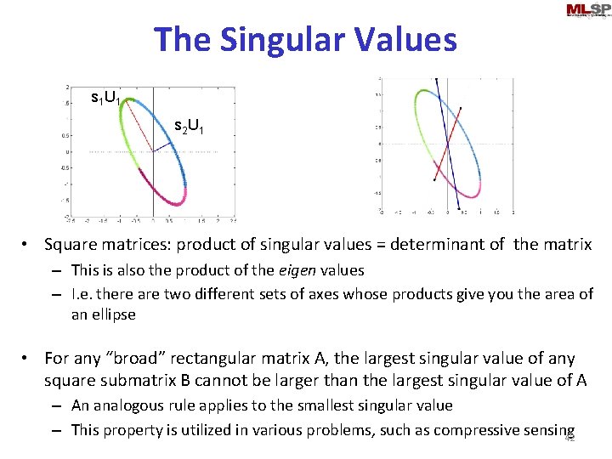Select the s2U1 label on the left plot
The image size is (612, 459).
188,127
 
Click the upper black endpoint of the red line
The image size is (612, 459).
461,108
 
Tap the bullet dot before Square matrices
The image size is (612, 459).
28,246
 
